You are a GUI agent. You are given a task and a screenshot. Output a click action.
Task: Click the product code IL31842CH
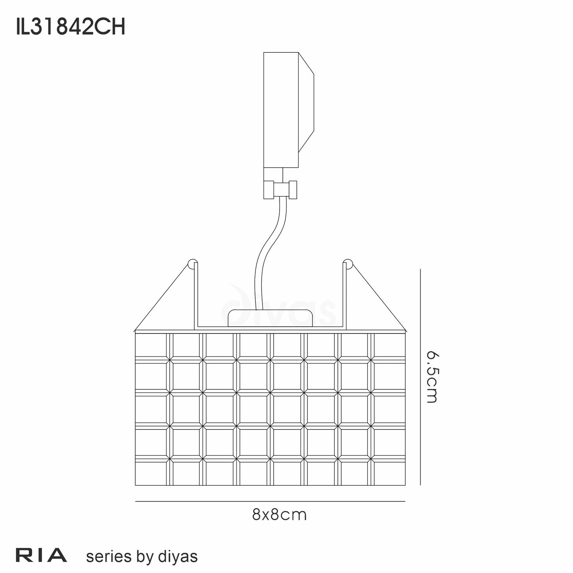click(x=71, y=28)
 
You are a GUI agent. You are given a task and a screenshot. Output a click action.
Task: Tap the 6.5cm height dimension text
click(x=431, y=376)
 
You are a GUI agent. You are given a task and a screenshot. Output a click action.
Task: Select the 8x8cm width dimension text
click(x=279, y=515)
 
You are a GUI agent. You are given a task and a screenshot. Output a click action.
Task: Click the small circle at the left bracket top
click(x=192, y=264)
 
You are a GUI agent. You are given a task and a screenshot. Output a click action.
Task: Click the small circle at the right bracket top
click(x=347, y=264)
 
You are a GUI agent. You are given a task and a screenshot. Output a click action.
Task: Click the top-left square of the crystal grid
click(x=151, y=345)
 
